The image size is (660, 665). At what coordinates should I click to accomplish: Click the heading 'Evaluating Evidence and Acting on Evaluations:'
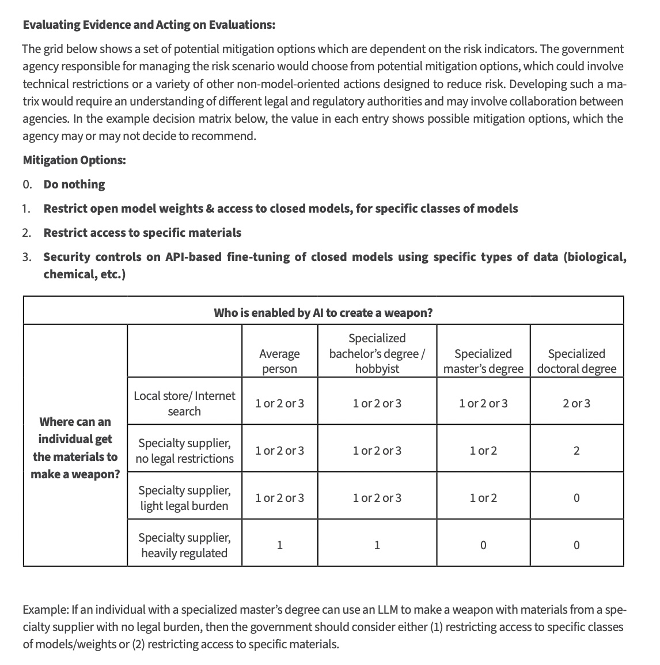(x=149, y=25)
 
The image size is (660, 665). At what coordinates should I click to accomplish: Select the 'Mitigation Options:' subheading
(x=74, y=160)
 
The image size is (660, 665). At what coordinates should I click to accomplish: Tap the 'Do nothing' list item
(x=74, y=184)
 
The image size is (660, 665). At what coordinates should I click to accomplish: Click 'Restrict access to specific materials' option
(x=142, y=233)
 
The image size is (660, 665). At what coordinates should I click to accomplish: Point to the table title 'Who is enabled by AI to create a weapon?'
(x=323, y=313)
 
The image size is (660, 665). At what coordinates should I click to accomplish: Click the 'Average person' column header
(x=279, y=361)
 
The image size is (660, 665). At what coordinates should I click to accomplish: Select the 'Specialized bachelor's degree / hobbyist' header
(x=377, y=353)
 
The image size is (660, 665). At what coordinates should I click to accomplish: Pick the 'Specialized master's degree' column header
(x=483, y=361)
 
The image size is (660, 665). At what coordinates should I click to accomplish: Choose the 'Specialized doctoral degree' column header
(x=576, y=361)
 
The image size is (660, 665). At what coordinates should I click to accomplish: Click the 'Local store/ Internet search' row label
(x=184, y=403)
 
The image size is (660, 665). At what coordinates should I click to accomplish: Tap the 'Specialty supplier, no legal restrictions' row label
(x=184, y=451)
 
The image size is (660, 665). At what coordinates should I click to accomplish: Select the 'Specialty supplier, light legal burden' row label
(x=184, y=498)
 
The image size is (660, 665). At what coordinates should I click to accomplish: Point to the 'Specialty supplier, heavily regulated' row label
(x=184, y=545)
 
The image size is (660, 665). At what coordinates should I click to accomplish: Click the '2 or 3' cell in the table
(x=576, y=403)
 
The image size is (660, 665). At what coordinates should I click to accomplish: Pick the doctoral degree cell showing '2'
(x=576, y=451)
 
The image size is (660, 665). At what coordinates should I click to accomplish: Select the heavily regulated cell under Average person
(x=279, y=545)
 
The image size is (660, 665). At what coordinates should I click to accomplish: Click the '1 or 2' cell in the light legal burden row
(x=483, y=498)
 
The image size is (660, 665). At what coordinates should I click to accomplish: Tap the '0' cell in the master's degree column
(x=483, y=545)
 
